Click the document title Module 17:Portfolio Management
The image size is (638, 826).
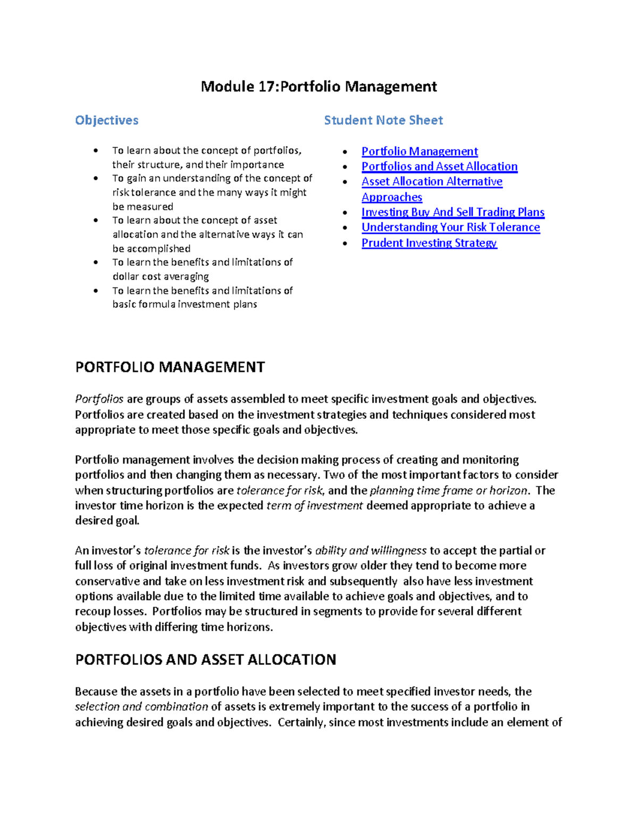point(318,87)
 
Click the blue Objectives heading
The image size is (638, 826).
point(106,120)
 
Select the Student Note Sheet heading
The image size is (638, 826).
point(383,120)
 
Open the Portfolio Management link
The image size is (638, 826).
point(419,151)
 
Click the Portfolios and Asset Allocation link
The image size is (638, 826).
point(439,166)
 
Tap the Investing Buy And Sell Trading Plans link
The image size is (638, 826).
point(453,212)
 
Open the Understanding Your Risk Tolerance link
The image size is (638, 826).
point(450,227)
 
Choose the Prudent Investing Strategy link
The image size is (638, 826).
point(429,243)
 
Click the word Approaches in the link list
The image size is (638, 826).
point(392,197)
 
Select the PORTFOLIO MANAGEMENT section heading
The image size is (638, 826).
point(170,367)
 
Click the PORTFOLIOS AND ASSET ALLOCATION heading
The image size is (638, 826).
point(206,660)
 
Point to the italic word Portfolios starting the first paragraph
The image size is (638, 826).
point(99,399)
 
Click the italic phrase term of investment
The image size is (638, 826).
point(315,505)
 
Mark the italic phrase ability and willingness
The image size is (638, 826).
point(371,551)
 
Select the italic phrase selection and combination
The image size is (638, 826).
point(141,706)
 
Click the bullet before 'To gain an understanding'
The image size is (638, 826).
point(96,178)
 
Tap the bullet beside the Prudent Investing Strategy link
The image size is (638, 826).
point(345,243)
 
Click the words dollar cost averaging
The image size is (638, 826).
point(161,276)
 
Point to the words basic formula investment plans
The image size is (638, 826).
point(184,305)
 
